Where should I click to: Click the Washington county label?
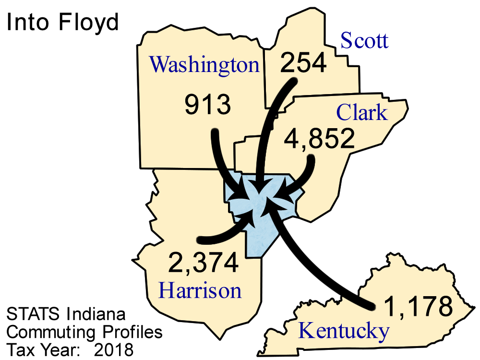[x=204, y=65]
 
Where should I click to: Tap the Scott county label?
[x=364, y=41]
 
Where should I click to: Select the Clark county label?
[x=361, y=113]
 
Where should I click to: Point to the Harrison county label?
[x=200, y=290]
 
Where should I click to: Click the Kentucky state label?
[x=343, y=331]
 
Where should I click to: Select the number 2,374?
[x=203, y=263]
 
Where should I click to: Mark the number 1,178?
[x=419, y=306]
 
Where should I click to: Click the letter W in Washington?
[x=159, y=64]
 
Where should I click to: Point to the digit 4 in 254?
[x=318, y=63]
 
